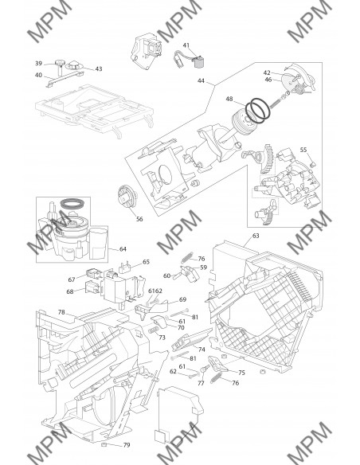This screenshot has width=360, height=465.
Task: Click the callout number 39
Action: [38, 64]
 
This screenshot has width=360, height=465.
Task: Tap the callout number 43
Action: [99, 68]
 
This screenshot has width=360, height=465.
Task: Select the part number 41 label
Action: [186, 45]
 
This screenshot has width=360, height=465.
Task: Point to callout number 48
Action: [229, 99]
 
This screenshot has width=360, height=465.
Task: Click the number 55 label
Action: [303, 150]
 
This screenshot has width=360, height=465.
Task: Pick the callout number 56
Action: [139, 219]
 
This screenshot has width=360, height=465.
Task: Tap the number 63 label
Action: [256, 236]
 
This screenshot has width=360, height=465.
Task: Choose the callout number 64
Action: [123, 249]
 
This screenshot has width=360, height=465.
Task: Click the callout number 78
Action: [61, 312]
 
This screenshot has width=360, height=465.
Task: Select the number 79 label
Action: [127, 445]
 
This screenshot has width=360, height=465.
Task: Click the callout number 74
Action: [202, 350]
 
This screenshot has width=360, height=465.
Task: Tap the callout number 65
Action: [146, 262]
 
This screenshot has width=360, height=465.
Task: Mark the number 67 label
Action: [72, 279]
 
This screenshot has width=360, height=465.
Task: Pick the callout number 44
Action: [201, 80]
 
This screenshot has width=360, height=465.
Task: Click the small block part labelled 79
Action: [104, 444]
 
